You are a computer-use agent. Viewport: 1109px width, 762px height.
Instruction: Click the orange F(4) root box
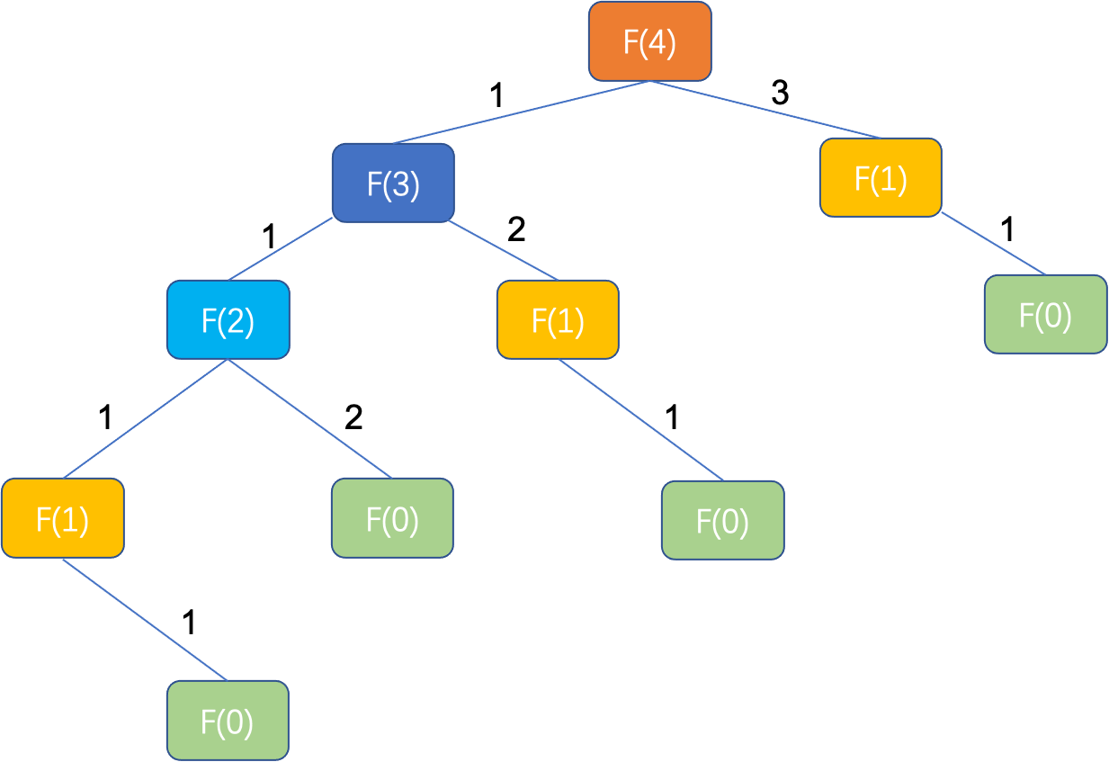[649, 41]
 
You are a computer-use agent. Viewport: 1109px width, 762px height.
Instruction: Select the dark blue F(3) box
[393, 183]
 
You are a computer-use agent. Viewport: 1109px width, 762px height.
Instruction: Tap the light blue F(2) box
[228, 319]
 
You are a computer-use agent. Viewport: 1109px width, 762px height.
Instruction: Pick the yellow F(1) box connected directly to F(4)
[881, 177]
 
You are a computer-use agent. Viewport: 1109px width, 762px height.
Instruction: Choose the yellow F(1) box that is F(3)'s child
[558, 319]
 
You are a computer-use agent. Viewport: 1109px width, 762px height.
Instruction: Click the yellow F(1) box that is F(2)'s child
[62, 518]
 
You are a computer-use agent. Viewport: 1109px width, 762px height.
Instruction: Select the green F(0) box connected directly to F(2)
[392, 518]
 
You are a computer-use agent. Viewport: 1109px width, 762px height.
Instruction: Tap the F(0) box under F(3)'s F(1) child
[722, 520]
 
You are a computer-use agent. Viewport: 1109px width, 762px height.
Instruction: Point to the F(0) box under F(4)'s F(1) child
[1045, 314]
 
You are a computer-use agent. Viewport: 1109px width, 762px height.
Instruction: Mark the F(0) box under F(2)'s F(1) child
[228, 720]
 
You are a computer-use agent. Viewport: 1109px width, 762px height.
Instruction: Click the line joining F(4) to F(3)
[522, 112]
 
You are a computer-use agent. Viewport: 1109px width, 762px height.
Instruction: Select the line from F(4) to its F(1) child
[765, 110]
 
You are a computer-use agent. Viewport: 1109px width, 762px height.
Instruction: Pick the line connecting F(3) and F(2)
[281, 249]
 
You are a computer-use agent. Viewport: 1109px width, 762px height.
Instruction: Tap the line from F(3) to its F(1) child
[504, 250]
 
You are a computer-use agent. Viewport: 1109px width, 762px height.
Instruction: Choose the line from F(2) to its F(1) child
[146, 418]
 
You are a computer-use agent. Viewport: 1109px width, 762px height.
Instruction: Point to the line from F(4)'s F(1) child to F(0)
[993, 245]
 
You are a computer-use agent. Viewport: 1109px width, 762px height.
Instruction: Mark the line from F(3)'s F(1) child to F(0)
[640, 420]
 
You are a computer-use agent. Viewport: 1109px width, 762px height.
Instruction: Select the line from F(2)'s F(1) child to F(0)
[144, 619]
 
